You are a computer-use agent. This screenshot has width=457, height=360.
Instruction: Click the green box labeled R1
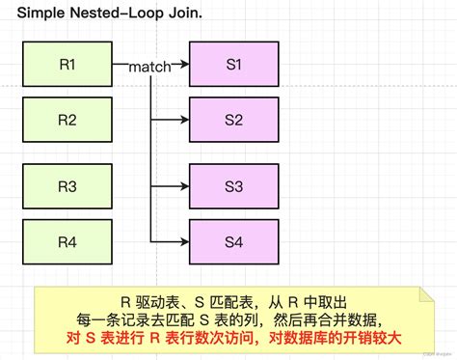pos(67,65)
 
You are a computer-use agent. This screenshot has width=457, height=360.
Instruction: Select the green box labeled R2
pos(67,120)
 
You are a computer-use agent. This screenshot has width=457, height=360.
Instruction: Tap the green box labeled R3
pos(67,187)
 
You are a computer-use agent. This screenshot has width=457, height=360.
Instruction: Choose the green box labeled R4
pos(67,241)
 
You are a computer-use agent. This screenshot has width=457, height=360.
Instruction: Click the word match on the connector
pos(150,67)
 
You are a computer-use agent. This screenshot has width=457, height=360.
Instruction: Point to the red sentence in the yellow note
pos(230,338)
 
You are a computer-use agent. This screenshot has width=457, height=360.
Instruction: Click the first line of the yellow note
pos(230,300)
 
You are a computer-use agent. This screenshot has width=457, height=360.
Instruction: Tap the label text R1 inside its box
pos(67,65)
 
